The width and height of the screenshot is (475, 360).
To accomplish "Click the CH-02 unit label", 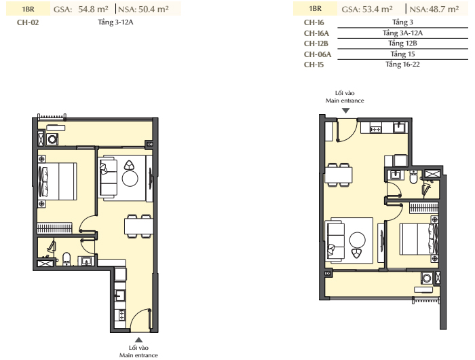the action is [x=28, y=22].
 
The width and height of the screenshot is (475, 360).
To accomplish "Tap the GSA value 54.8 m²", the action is [x=94, y=9].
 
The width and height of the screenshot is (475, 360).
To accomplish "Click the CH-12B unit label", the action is [x=316, y=43].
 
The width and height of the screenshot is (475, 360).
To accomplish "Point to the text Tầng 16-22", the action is [x=402, y=65].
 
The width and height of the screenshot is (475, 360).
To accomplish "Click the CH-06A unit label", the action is [x=318, y=54].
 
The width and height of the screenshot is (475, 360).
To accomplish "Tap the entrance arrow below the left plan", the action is [x=138, y=340].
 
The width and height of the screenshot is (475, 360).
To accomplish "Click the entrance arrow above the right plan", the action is [x=345, y=111].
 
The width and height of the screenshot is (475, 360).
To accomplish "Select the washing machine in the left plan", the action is [x=52, y=139].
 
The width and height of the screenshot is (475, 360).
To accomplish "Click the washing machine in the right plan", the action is [x=427, y=278].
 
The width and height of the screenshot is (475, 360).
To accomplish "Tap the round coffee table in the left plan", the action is [x=130, y=179].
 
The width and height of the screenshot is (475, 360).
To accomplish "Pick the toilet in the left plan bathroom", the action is [x=66, y=258].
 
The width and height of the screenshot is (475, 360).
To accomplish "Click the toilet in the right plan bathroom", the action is [x=413, y=177].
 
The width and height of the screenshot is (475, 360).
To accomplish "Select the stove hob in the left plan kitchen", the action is [x=121, y=314].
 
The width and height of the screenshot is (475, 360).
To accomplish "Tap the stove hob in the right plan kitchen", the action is [x=376, y=130].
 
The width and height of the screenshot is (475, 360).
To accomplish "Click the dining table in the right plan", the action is [x=339, y=175].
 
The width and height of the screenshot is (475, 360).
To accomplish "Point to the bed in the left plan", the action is [x=57, y=181].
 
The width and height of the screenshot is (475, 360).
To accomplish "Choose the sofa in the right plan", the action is [x=335, y=242].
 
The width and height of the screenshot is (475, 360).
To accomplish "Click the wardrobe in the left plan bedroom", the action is [x=54, y=228].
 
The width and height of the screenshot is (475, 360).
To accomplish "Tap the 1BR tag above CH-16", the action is [x=315, y=9].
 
